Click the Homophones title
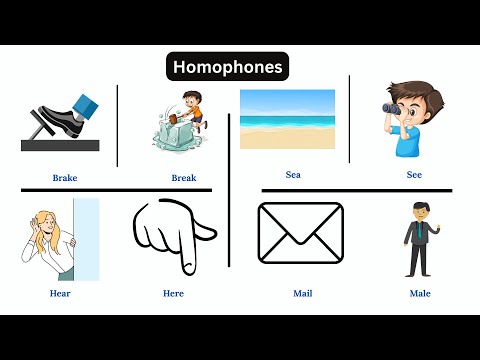tap(227, 67)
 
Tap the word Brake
tap(65, 178)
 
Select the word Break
tap(183, 178)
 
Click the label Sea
tap(293, 175)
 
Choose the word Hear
tap(60, 294)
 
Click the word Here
tap(173, 294)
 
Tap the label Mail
tap(303, 294)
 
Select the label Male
tap(420, 294)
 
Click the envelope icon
tap(300, 233)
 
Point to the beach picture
tap(287, 120)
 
